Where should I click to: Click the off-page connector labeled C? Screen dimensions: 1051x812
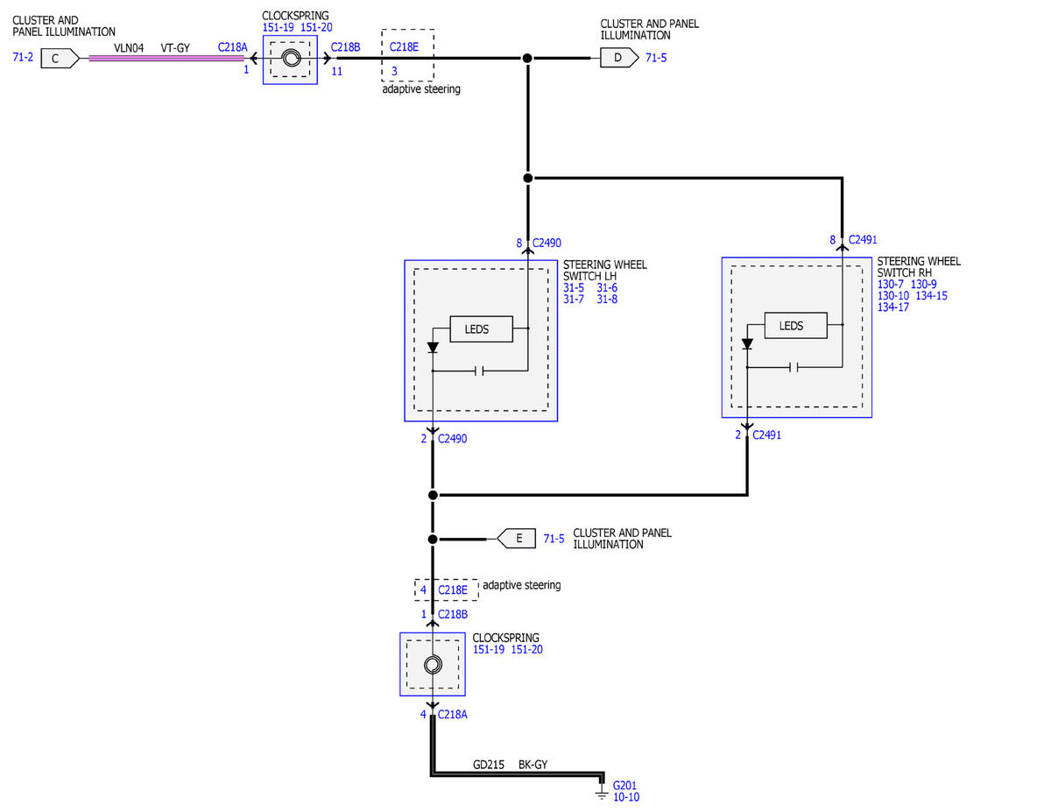coord(60,59)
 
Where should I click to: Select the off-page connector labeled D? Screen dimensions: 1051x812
coord(619,58)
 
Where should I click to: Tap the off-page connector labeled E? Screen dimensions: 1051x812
coord(517,539)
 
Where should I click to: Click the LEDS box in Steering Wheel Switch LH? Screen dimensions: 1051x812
coord(481,329)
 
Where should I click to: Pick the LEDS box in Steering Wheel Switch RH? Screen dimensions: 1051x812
coord(795,326)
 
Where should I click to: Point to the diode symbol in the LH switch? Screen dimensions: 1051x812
coord(433,348)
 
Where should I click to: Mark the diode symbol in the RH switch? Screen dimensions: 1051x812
coord(747,344)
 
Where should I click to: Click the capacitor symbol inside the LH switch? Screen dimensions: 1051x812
coord(479,371)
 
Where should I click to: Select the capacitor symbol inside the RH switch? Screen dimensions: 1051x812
coord(794,367)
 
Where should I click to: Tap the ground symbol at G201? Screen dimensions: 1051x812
coord(601,795)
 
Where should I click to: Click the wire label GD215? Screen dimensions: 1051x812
coord(489,765)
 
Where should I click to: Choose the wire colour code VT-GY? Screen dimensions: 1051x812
coord(175,48)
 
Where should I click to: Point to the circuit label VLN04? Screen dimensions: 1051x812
coord(129,48)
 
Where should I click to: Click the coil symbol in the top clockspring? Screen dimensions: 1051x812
coord(291,59)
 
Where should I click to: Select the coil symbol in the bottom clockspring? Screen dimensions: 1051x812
coord(433,665)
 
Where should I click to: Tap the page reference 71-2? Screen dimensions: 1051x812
coord(23,57)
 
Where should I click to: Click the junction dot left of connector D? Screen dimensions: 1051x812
coord(527,58)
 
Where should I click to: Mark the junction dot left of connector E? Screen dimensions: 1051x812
coord(433,539)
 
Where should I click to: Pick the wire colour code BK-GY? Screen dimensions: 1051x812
coord(533,765)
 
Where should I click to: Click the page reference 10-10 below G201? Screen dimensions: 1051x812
coord(626,797)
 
